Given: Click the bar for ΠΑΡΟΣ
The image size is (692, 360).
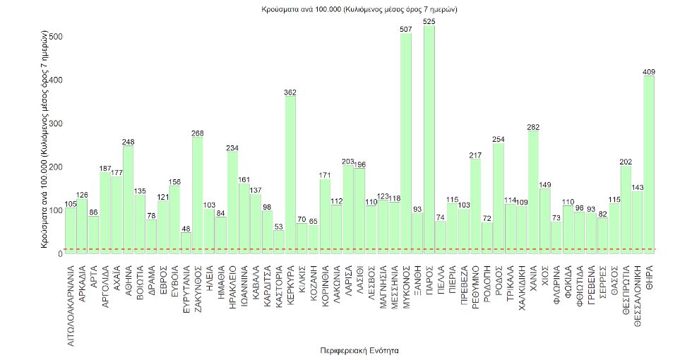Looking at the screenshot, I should (429, 141).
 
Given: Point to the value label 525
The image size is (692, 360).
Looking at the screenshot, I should (429, 22).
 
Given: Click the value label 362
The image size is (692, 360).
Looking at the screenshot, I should (290, 92).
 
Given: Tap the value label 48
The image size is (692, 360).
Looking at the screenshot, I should (186, 229).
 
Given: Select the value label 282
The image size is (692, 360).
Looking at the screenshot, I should (533, 127).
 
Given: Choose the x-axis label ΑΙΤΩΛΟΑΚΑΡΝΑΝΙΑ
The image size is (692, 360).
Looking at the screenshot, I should (71, 298).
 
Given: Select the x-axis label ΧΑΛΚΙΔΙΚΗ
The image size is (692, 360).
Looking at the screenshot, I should (522, 288).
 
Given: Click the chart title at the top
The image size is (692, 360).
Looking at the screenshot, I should (346, 9).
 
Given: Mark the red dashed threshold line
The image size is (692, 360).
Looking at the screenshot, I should (353, 249).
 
